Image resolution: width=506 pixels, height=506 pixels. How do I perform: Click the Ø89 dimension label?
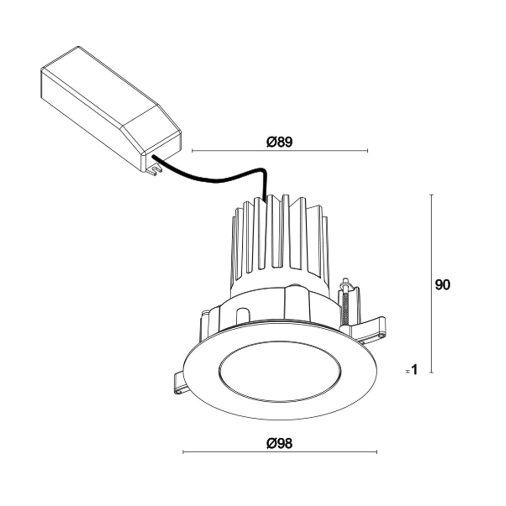click(279, 142)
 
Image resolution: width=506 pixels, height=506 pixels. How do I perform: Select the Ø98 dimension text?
click(279, 444)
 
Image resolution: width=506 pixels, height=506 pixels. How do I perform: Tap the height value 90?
click(442, 285)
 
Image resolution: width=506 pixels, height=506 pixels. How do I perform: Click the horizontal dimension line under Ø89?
click(279, 151)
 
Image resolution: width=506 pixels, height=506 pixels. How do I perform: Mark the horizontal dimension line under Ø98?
click(279, 452)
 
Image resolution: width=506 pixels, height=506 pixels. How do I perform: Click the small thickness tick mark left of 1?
click(407, 371)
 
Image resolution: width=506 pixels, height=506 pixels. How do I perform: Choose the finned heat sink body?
click(278, 238)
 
